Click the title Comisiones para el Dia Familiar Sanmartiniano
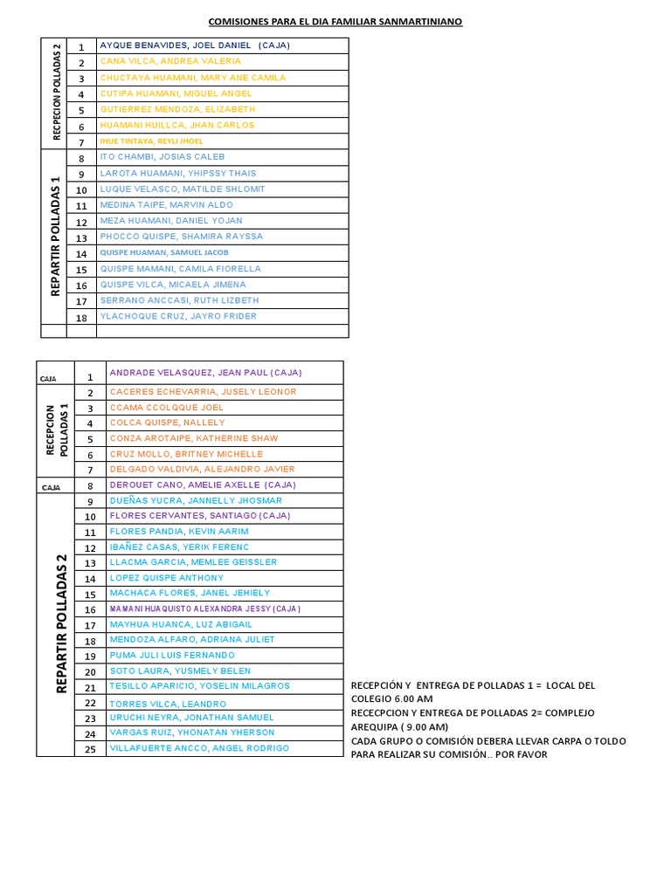(335, 21)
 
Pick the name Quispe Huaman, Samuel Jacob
(164, 252)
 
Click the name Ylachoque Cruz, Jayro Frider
(178, 316)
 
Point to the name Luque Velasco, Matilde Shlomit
(183, 189)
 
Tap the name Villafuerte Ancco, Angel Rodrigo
(199, 748)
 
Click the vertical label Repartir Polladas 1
(54, 237)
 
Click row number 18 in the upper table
(81, 317)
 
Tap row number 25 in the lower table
(90, 749)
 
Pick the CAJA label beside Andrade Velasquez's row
(48, 380)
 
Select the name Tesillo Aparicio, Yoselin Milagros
(199, 686)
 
